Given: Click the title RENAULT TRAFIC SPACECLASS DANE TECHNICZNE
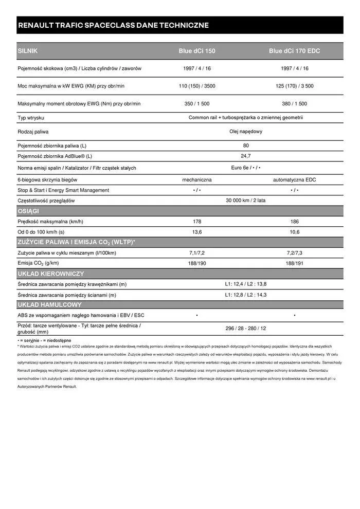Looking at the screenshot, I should point(113,25).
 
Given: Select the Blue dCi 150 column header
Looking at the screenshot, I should point(197,51).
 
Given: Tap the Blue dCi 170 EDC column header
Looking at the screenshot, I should point(294,51).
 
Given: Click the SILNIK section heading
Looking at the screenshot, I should point(28,51).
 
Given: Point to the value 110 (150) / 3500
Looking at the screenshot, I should point(197,86).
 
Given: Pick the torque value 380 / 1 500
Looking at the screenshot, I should point(294,104).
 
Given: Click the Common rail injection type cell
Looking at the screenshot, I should point(246,118).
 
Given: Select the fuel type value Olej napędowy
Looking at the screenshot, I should point(246,132).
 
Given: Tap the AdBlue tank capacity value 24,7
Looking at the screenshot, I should point(246,156).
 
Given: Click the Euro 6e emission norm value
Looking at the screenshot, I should point(246,168).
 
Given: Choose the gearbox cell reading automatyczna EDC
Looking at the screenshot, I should point(294,180).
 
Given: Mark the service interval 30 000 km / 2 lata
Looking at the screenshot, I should point(246,201).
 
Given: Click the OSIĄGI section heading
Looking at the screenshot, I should point(28,211).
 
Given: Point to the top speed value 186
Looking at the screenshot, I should point(294,222).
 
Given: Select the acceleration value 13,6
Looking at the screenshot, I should point(197,232).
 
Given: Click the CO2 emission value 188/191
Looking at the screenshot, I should point(294,263).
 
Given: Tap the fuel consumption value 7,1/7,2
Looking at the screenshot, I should point(197,253).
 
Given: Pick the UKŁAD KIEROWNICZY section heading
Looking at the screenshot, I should point(51,274).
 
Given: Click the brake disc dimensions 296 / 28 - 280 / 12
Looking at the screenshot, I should point(246,329).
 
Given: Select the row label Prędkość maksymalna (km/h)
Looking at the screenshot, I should point(50,222).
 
